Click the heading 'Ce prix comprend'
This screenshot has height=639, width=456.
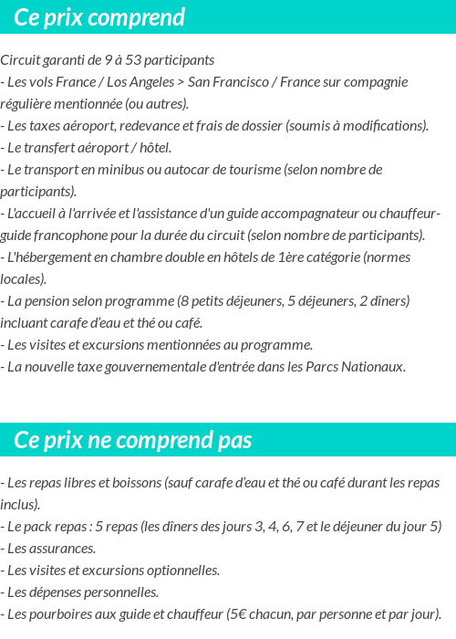(x=99, y=17)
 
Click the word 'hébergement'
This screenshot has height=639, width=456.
(x=54, y=257)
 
